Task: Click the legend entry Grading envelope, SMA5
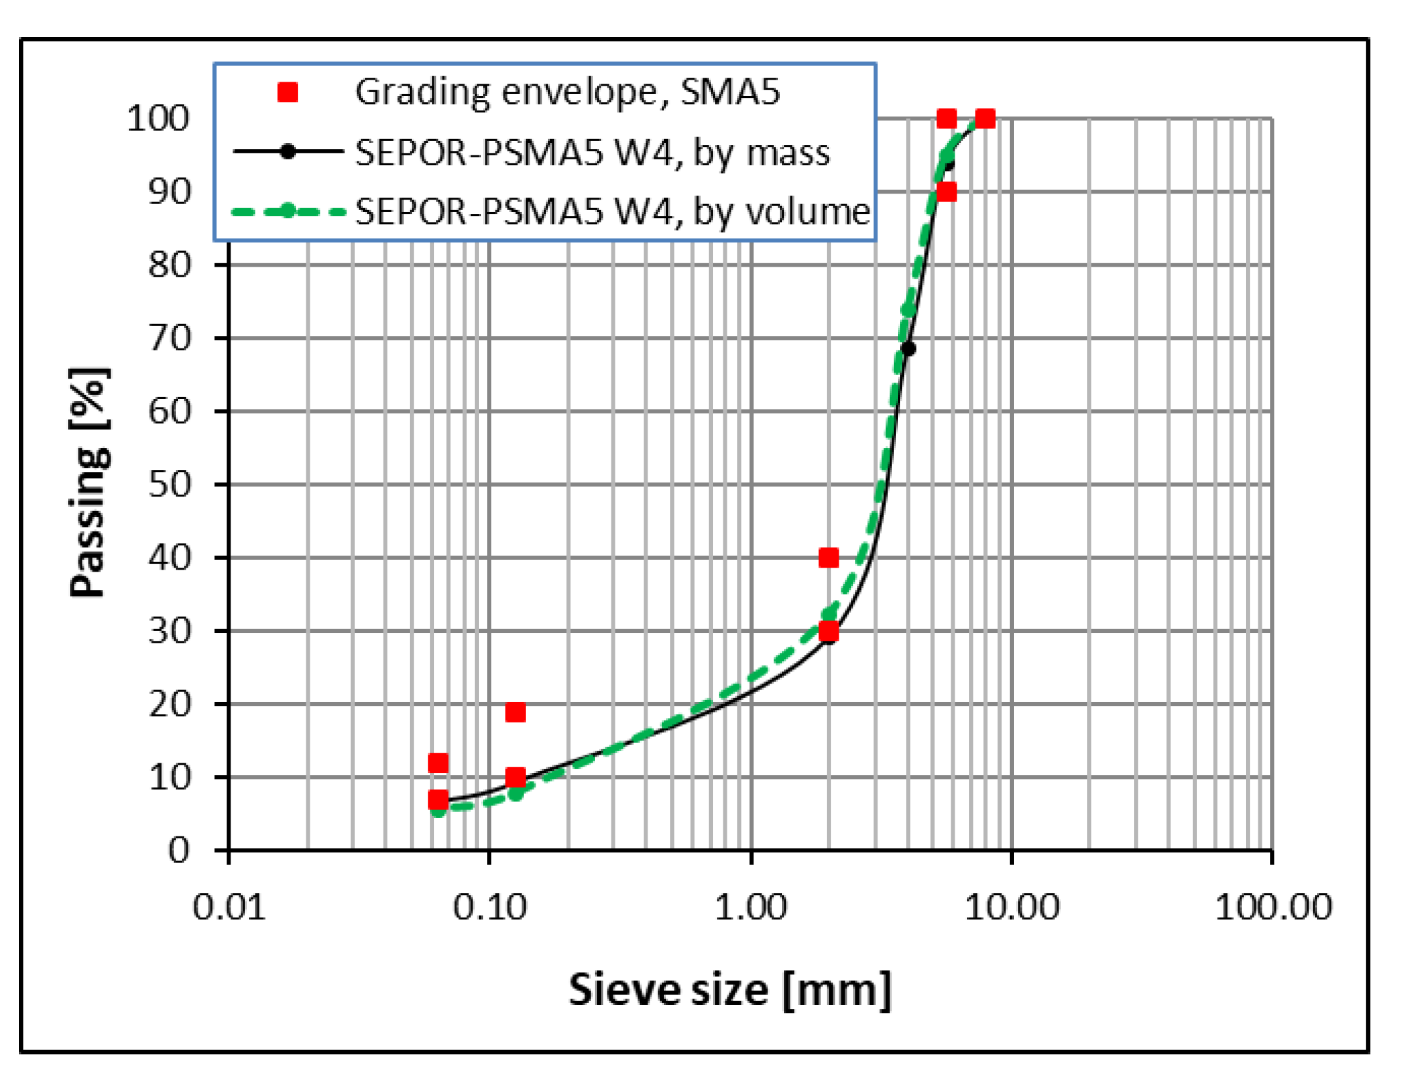(567, 92)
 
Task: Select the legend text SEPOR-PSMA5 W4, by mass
(592, 152)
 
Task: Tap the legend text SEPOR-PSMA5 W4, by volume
(612, 211)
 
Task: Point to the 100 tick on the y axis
(158, 119)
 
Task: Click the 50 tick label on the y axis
(169, 485)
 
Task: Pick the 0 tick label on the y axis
(179, 850)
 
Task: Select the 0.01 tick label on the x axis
(229, 908)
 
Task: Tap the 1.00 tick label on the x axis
(751, 908)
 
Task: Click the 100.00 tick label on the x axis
(1273, 908)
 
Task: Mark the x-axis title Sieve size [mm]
(730, 990)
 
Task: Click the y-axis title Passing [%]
(89, 483)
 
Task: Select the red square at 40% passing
(828, 558)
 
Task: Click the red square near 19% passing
(515, 712)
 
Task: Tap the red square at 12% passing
(438, 763)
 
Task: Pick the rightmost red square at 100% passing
(985, 119)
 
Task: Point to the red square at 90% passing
(946, 192)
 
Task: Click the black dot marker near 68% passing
(909, 349)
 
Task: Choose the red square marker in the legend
(288, 92)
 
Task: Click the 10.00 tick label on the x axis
(1012, 908)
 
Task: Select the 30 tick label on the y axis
(169, 631)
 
